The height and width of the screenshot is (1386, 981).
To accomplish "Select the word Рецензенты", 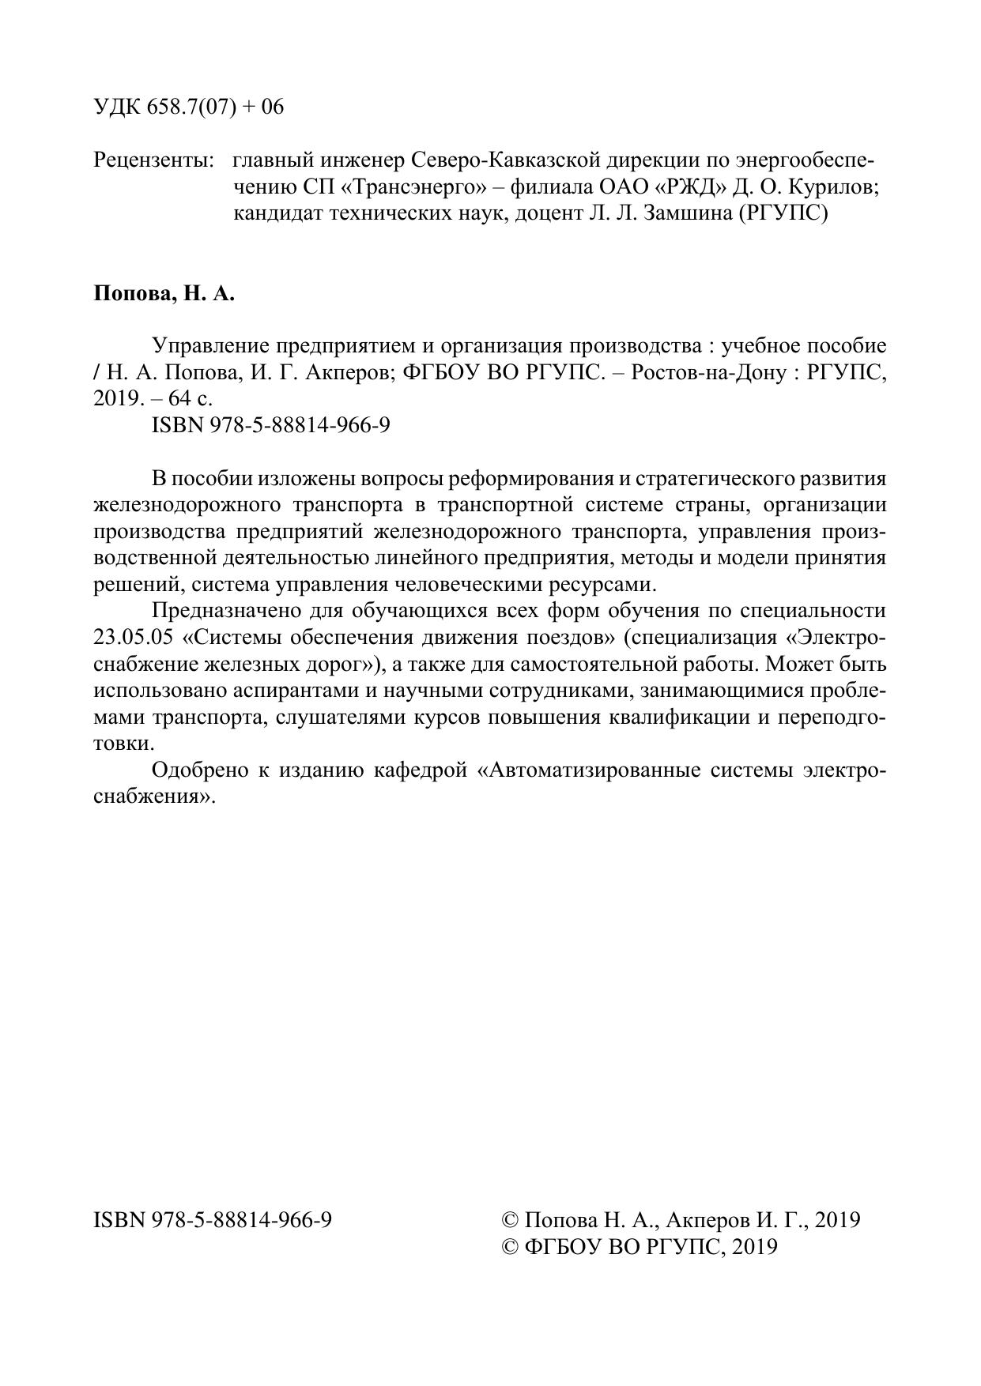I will click(153, 160).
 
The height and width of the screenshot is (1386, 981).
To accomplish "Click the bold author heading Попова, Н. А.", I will click(164, 294).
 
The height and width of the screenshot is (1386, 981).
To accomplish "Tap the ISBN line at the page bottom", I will click(213, 1220).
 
